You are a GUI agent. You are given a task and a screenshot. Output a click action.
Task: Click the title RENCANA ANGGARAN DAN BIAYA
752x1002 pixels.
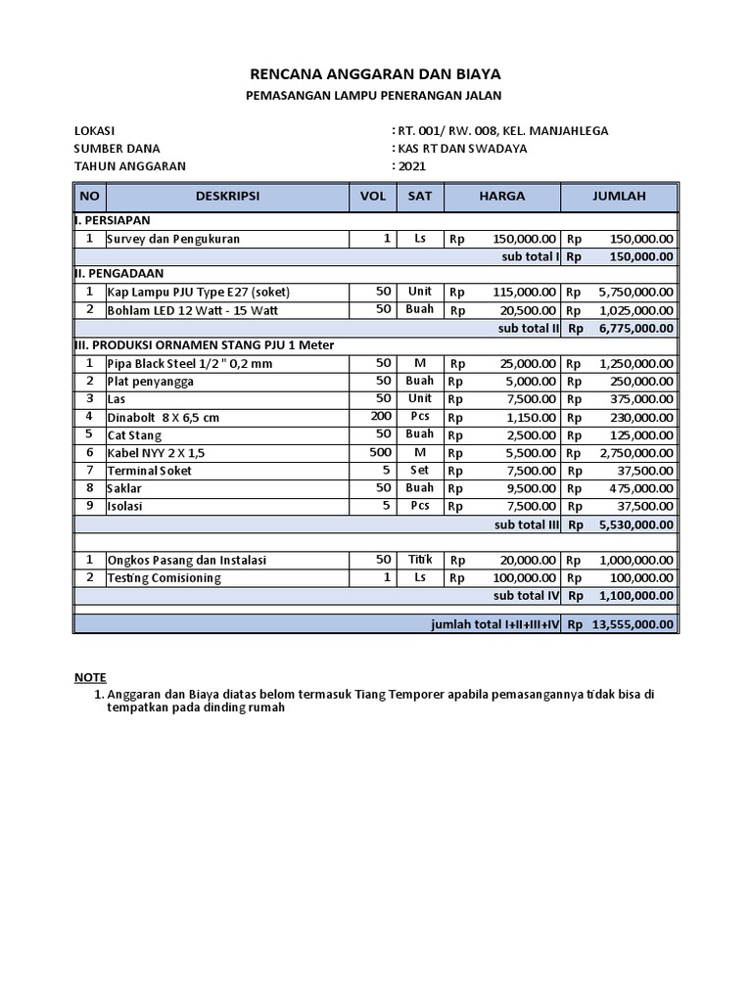point(376,74)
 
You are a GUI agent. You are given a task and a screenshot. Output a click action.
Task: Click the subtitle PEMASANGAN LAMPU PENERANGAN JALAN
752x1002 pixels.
point(376,95)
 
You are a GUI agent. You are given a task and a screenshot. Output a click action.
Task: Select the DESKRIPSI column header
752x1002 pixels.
point(227,196)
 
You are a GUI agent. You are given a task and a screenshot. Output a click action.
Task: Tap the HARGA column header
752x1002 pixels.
point(501,196)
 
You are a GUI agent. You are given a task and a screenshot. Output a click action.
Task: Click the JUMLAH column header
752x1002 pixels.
point(619,196)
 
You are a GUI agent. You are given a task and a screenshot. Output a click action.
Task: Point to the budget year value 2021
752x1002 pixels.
point(411,166)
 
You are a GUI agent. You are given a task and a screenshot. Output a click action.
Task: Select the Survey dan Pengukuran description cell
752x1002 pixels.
point(173,239)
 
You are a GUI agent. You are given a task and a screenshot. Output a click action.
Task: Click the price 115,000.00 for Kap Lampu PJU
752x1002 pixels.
point(524,292)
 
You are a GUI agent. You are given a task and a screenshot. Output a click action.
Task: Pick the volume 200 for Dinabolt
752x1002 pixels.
point(381,417)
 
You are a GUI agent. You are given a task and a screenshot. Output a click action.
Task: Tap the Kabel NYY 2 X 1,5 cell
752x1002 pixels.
point(157,452)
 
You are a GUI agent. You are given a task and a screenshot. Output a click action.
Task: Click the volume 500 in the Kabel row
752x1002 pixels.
point(381,452)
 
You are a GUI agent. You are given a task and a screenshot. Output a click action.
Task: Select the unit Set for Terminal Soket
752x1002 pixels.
point(419,471)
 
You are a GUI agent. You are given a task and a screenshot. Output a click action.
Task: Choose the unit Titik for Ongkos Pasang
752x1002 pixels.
point(419,560)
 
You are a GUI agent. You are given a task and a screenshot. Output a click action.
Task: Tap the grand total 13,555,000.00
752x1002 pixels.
point(632,624)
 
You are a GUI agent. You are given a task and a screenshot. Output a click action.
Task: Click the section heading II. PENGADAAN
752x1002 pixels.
point(119,274)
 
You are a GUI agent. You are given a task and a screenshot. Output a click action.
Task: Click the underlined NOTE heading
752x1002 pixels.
point(91,677)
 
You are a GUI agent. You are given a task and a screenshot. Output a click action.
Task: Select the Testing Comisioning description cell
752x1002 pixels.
point(164,578)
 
